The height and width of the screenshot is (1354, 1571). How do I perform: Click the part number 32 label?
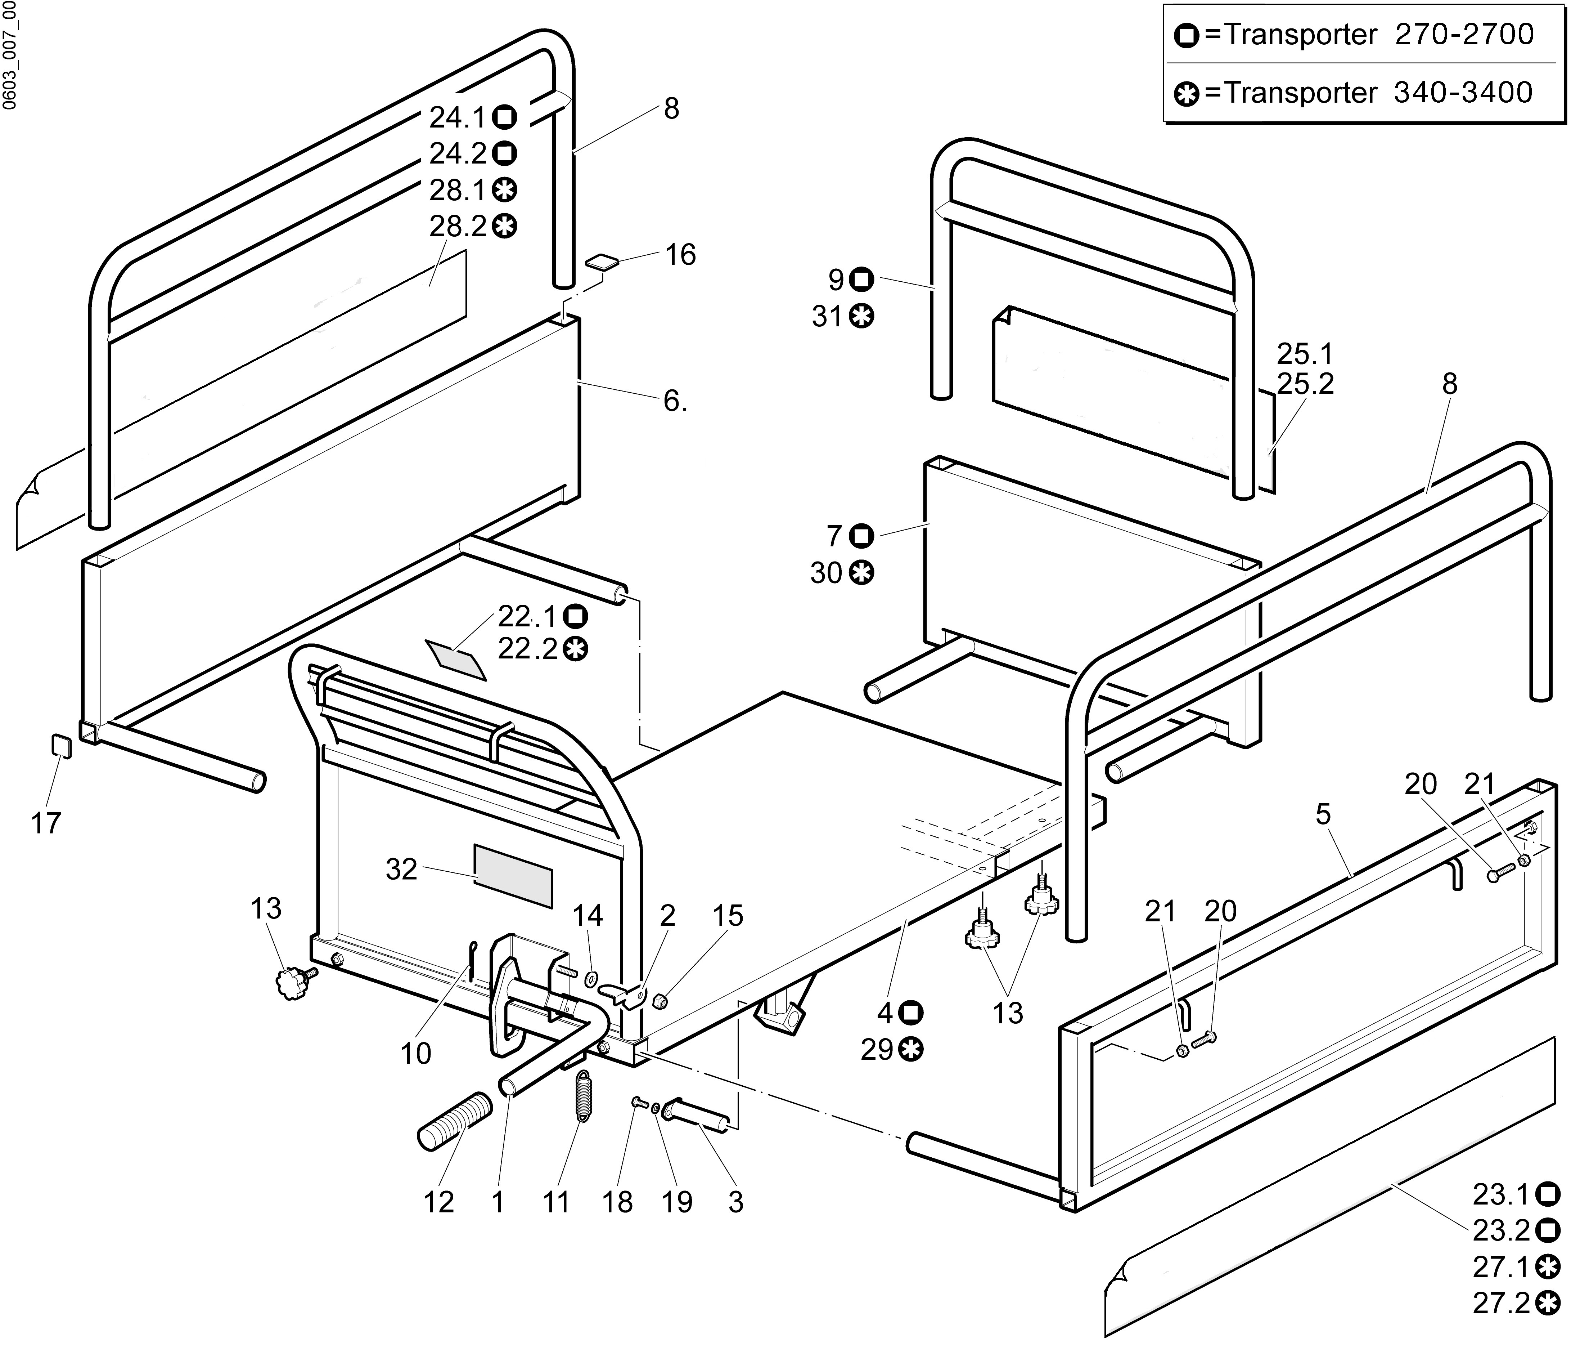(401, 869)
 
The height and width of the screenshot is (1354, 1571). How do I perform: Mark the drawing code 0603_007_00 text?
(10, 55)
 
